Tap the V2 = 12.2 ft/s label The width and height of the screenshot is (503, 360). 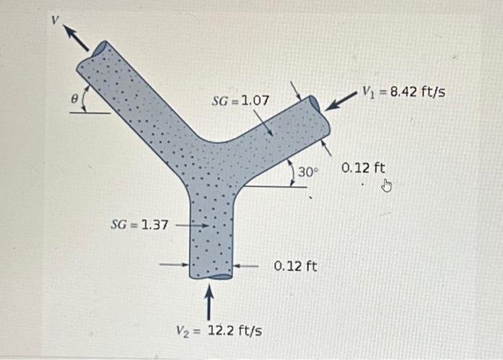[219, 331]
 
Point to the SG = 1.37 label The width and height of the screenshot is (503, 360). [139, 225]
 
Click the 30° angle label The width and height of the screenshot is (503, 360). [308, 172]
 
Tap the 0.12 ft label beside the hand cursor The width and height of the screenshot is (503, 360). [364, 168]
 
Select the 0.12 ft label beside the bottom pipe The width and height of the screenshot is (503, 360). [295, 267]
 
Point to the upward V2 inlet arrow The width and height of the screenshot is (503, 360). [209, 303]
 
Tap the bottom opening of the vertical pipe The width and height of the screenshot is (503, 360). [211, 276]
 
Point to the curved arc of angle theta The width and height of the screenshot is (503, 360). [86, 101]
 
